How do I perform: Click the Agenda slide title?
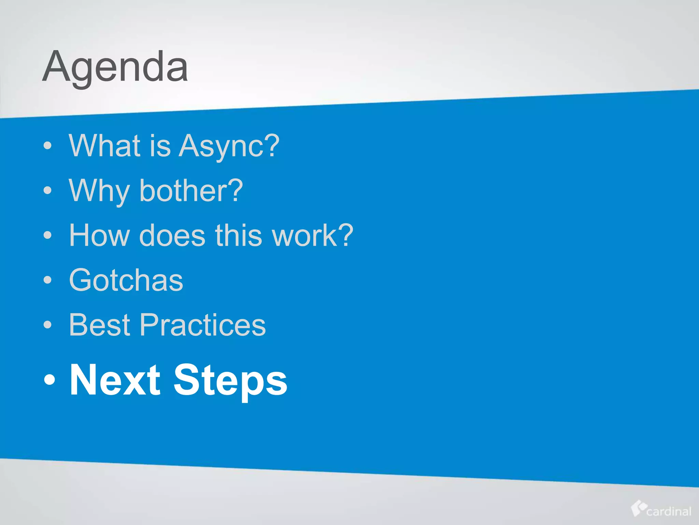point(115,67)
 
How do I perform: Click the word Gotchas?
point(126,280)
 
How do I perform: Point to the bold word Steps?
point(230,380)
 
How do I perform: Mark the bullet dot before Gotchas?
point(48,280)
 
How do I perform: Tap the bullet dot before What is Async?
point(48,146)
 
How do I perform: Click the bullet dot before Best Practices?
point(48,325)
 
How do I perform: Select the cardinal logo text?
point(669,511)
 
